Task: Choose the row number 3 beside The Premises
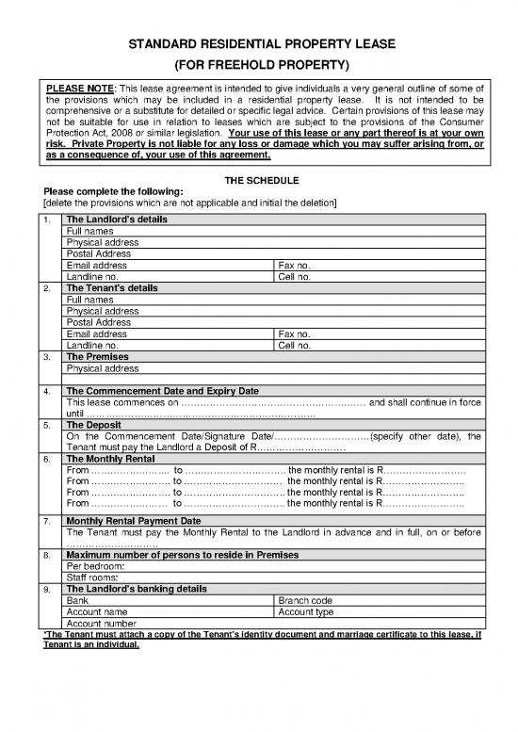point(47,357)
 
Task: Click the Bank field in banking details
point(78,600)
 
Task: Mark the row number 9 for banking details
point(47,589)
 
